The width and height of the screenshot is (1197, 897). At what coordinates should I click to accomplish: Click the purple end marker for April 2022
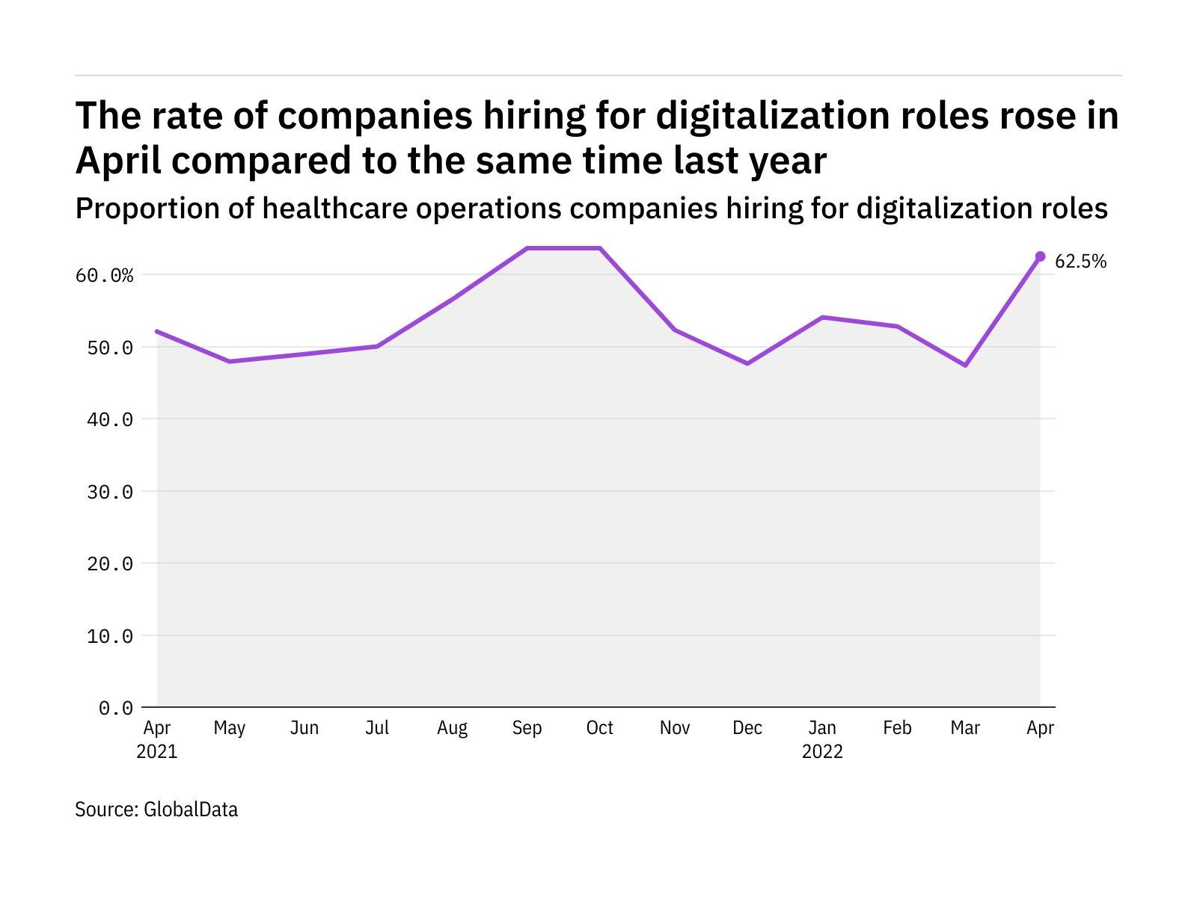pyautogui.click(x=1040, y=256)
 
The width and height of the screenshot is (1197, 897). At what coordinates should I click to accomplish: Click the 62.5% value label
pyautogui.click(x=1080, y=262)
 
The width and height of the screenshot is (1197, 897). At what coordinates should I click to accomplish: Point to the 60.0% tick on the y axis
pyautogui.click(x=104, y=276)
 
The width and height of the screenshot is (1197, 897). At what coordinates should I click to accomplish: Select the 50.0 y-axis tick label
pyautogui.click(x=110, y=348)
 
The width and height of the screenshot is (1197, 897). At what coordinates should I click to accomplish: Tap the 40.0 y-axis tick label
pyautogui.click(x=110, y=419)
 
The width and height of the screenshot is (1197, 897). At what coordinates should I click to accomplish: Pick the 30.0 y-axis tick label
pyautogui.click(x=110, y=492)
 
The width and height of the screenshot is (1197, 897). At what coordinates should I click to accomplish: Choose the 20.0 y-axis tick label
pyautogui.click(x=110, y=564)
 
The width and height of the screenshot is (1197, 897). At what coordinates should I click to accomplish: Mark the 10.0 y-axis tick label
pyautogui.click(x=110, y=636)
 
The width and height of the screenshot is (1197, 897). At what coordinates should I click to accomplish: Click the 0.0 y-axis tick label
pyautogui.click(x=116, y=708)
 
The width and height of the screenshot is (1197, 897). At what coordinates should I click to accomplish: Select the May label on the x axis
pyautogui.click(x=230, y=728)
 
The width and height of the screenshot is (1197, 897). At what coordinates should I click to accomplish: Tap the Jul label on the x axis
pyautogui.click(x=377, y=728)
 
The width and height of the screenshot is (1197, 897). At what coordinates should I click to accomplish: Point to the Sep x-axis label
pyautogui.click(x=527, y=728)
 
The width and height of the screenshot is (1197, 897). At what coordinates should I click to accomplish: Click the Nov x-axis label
pyautogui.click(x=675, y=728)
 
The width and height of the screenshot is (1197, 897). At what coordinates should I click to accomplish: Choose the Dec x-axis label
pyautogui.click(x=747, y=728)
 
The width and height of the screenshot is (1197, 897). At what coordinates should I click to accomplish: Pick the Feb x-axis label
pyautogui.click(x=897, y=728)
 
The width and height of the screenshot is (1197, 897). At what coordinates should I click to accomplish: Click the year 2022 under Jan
pyautogui.click(x=822, y=752)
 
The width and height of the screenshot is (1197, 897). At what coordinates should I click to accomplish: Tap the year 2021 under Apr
pyautogui.click(x=157, y=752)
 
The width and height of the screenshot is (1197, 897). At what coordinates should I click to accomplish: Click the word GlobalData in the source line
pyautogui.click(x=191, y=810)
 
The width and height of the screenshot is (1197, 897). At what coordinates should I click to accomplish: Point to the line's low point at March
pyautogui.click(x=966, y=365)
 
